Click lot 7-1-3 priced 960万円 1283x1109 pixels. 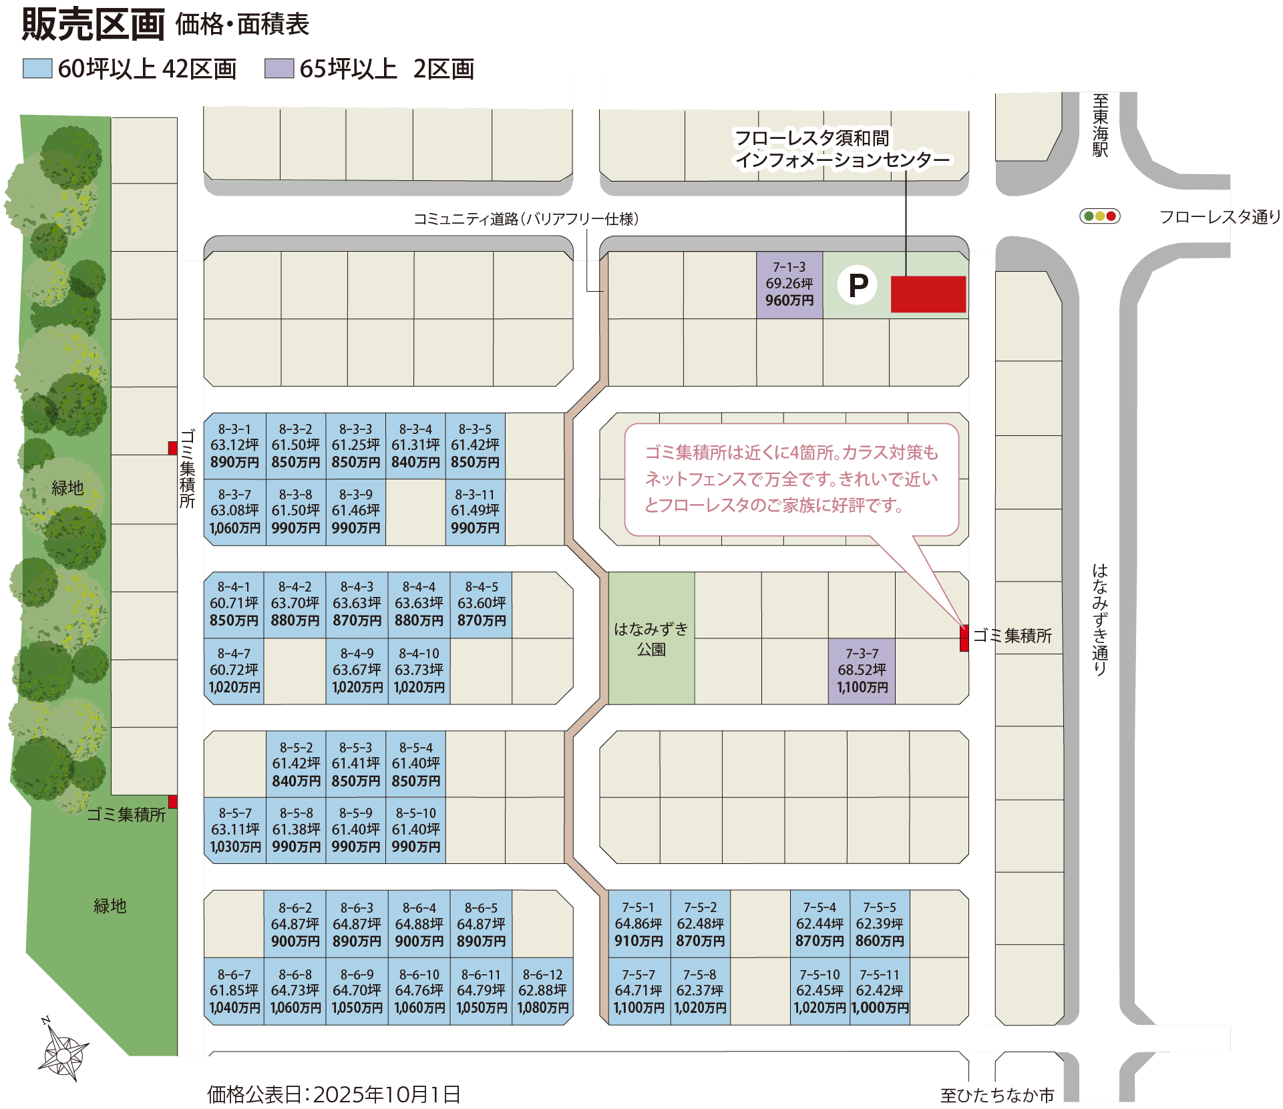pyautogui.click(x=789, y=284)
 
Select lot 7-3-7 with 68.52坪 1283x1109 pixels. pyautogui.click(x=862, y=671)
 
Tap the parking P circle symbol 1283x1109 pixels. pyautogui.click(x=858, y=285)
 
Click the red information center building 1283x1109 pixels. pyautogui.click(x=928, y=294)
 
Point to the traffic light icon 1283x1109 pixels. pyautogui.click(x=1100, y=216)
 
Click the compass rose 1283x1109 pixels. pyautogui.click(x=63, y=1050)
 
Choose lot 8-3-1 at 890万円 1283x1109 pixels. pyautogui.click(x=234, y=445)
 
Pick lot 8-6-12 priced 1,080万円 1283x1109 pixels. pyautogui.click(x=542, y=991)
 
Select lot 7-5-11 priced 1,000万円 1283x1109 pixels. pyautogui.click(x=880, y=991)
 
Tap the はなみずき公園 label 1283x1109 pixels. pyautogui.click(x=651, y=639)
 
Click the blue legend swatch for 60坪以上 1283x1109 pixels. pyautogui.click(x=37, y=68)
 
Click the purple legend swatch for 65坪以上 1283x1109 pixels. pyautogui.click(x=279, y=68)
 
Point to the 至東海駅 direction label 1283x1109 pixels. pyautogui.click(x=1100, y=126)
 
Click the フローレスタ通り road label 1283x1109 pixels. pyautogui.click(x=1220, y=216)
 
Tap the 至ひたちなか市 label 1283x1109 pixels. pyautogui.click(x=997, y=1095)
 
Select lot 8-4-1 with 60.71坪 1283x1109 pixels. pyautogui.click(x=234, y=604)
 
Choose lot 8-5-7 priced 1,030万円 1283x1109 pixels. pyautogui.click(x=235, y=830)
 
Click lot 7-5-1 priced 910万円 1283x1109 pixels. pyautogui.click(x=638, y=924)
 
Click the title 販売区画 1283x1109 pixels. pyautogui.click(x=93, y=24)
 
